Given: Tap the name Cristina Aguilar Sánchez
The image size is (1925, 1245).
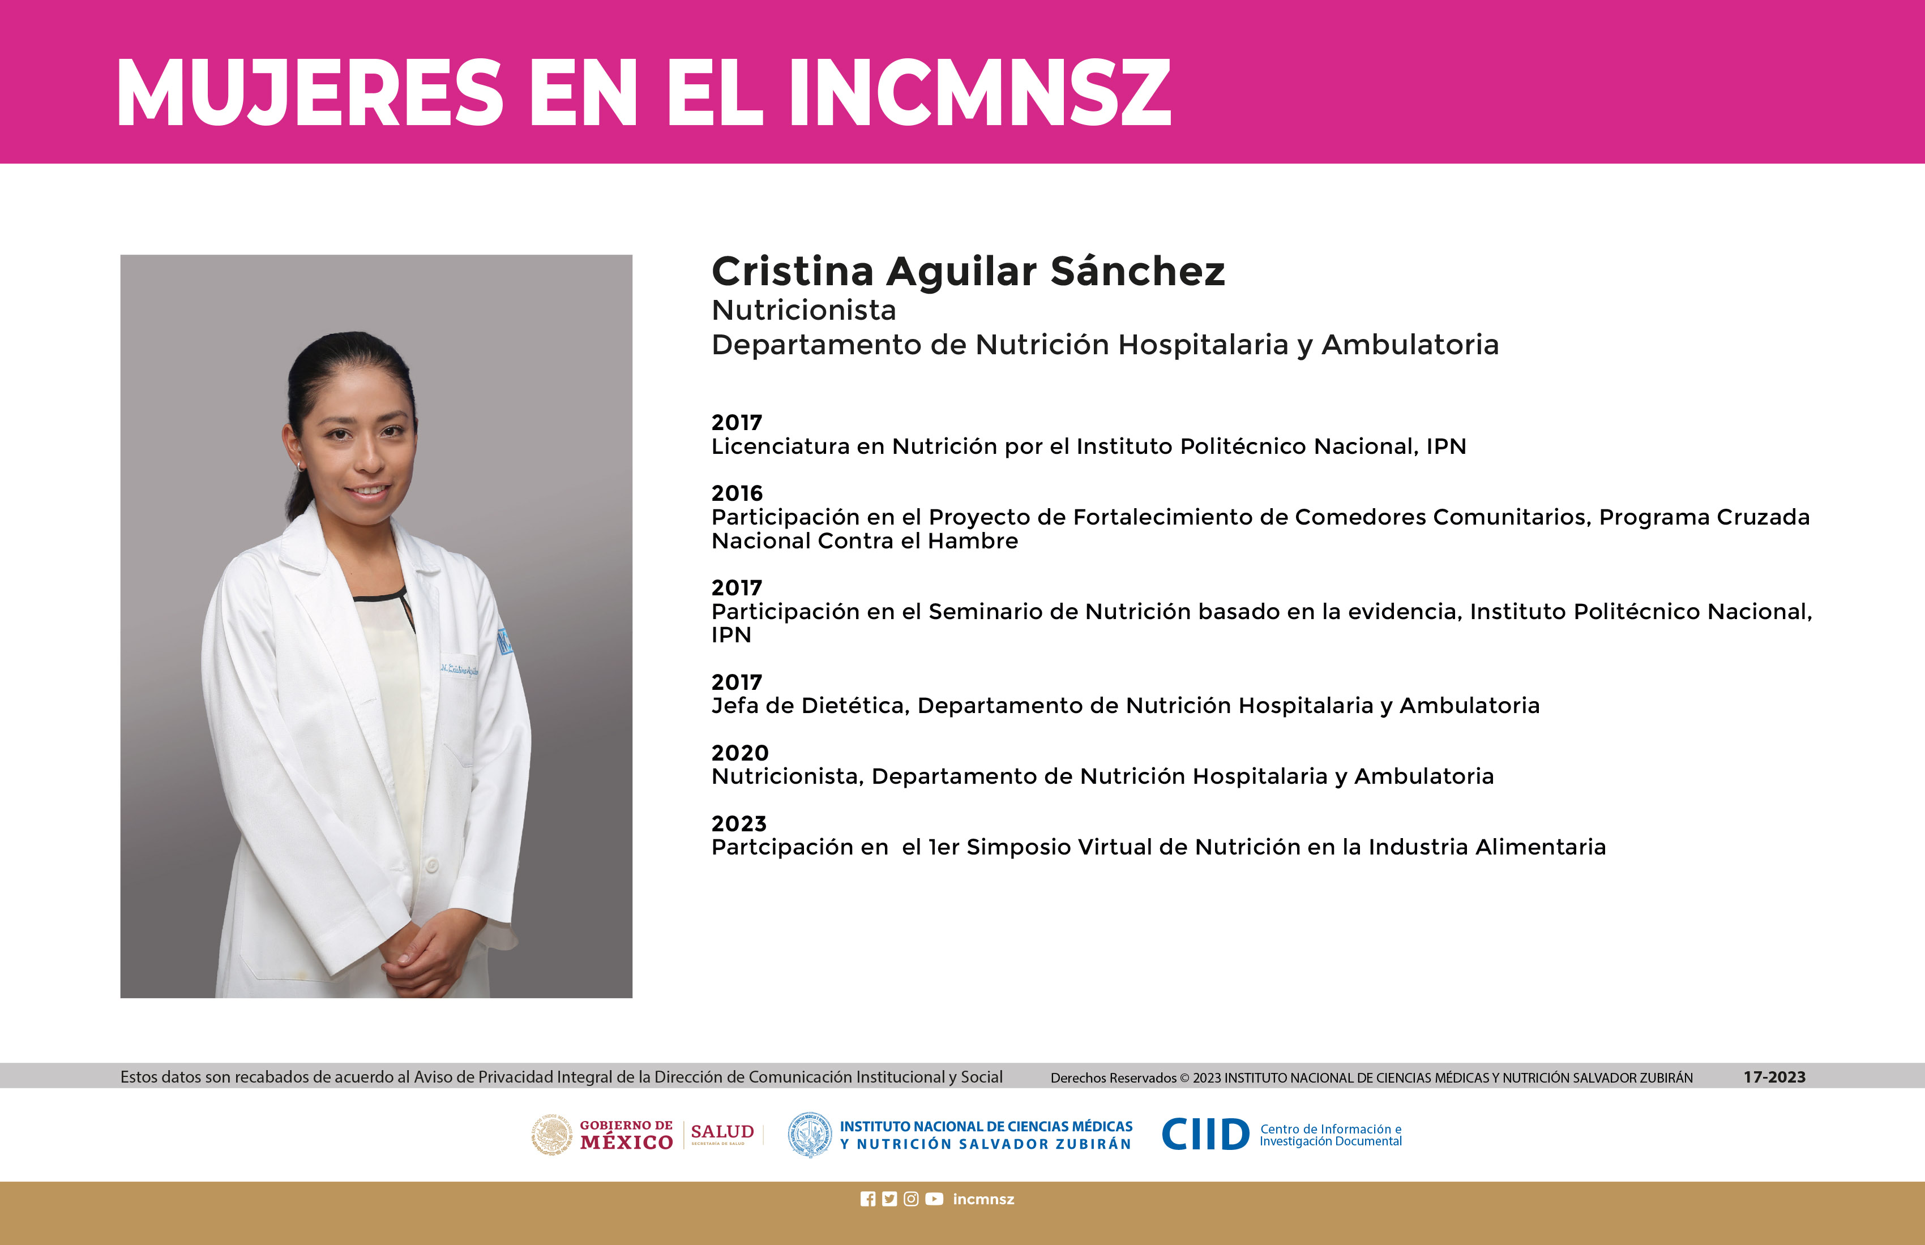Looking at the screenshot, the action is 968,272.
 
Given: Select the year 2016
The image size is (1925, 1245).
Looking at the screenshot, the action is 737,493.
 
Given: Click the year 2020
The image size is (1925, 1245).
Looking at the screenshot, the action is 739,753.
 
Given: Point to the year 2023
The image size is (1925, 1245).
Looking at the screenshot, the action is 738,824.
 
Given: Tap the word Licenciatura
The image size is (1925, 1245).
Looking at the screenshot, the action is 781,447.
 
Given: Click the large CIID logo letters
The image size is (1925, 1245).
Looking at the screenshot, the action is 1205,1134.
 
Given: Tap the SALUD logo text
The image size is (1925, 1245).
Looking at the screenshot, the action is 722,1132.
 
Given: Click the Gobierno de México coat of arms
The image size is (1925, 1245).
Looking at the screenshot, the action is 551,1134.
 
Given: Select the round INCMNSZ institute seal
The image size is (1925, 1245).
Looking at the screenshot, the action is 810,1134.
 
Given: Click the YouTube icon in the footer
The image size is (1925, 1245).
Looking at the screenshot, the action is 934,1199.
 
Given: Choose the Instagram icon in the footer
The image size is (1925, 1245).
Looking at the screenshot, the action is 911,1199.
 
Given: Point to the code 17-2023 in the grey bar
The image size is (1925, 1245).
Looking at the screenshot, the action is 1774,1077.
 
